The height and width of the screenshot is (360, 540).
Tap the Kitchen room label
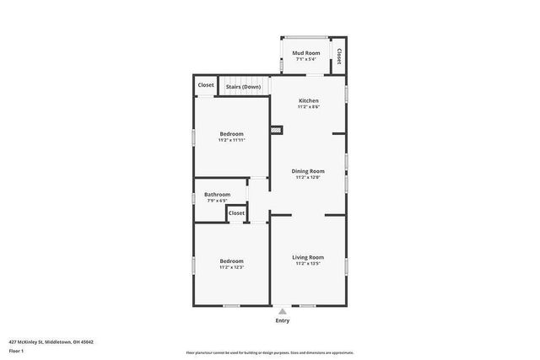click(x=308, y=100)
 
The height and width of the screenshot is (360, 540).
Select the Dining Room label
click(x=308, y=171)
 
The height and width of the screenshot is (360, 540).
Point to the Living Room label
click(x=308, y=257)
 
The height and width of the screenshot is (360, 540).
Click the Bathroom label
click(x=217, y=194)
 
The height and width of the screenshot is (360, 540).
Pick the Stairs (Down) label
click(x=244, y=86)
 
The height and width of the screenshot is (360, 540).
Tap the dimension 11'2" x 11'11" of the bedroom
click(x=232, y=140)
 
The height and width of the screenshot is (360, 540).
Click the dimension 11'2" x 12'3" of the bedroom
click(x=232, y=267)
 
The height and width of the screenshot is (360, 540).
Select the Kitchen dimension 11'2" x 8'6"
click(x=308, y=107)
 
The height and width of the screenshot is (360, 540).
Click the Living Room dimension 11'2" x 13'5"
click(x=308, y=264)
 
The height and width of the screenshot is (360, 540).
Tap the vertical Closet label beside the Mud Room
click(x=339, y=56)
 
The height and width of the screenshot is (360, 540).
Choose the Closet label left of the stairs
click(x=206, y=85)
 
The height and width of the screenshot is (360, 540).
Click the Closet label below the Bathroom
click(x=237, y=213)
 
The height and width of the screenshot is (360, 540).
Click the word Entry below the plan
click(x=282, y=320)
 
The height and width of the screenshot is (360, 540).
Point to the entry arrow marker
click(x=282, y=311)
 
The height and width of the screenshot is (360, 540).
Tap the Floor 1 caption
click(x=17, y=350)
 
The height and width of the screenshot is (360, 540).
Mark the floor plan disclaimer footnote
click(x=269, y=352)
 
